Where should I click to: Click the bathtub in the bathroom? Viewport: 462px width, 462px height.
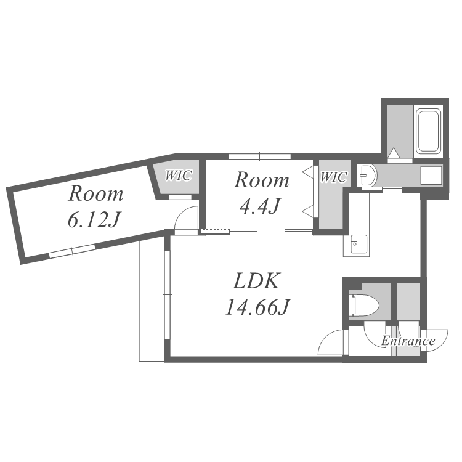[x=428, y=131]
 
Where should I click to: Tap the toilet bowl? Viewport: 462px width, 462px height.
[x=363, y=305]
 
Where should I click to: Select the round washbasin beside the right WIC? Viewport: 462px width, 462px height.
[x=367, y=176]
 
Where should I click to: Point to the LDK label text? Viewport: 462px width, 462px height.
[x=256, y=281]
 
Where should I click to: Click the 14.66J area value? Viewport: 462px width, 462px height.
[x=257, y=307]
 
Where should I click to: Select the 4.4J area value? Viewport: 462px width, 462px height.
[x=259, y=206]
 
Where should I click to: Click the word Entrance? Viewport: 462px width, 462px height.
[x=408, y=341]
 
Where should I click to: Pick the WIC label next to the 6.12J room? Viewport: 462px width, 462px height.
[x=179, y=176]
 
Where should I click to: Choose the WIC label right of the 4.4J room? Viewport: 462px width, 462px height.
[x=333, y=177]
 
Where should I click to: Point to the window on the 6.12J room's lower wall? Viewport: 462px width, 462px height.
[x=72, y=251]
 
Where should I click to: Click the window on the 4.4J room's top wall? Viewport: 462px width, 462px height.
[x=259, y=156]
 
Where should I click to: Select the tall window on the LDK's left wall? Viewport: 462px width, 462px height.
[x=168, y=294]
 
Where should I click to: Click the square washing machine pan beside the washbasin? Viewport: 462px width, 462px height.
[x=431, y=176]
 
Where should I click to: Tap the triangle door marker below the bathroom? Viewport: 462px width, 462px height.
[x=394, y=153]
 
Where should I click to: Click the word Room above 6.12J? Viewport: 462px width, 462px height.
[x=95, y=193]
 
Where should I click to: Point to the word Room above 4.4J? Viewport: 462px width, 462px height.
[x=262, y=180]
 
